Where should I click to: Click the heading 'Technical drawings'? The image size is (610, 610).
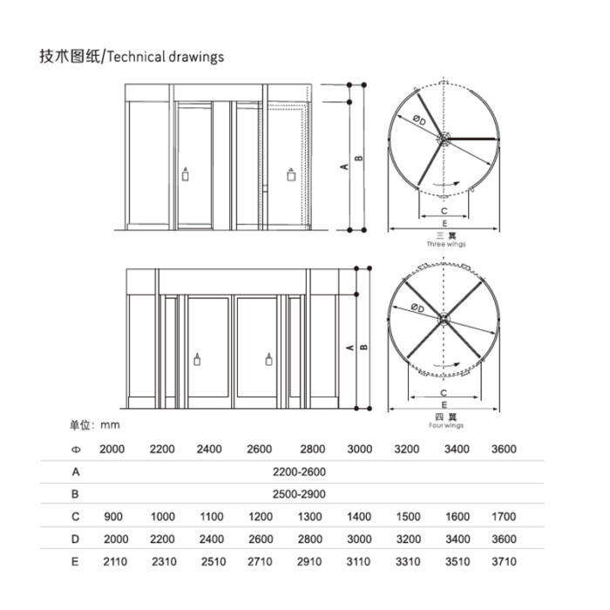point(166,57)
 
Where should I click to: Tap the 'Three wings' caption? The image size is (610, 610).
point(446,244)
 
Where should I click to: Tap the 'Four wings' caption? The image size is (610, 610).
point(446,425)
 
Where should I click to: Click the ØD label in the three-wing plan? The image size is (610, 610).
point(419,120)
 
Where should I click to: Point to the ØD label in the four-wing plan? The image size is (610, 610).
point(417,308)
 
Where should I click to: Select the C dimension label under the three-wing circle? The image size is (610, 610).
point(444,211)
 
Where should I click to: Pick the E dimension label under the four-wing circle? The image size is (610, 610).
point(444,405)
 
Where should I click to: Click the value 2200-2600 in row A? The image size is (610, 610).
point(299,472)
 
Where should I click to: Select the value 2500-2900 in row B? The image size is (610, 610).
point(299,494)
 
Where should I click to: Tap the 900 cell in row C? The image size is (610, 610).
point(113,517)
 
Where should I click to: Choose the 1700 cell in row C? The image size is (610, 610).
point(504,517)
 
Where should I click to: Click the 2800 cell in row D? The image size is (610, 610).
point(310,539)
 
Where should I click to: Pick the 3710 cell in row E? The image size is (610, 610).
point(504,562)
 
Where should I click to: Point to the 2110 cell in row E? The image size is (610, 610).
point(115,562)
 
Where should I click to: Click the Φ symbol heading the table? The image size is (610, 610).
point(76,450)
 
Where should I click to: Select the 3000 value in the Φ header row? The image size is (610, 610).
point(359,450)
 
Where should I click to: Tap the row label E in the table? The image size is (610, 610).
point(75,562)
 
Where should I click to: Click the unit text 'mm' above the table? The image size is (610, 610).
point(110,425)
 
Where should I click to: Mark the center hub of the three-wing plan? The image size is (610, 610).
point(444,139)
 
